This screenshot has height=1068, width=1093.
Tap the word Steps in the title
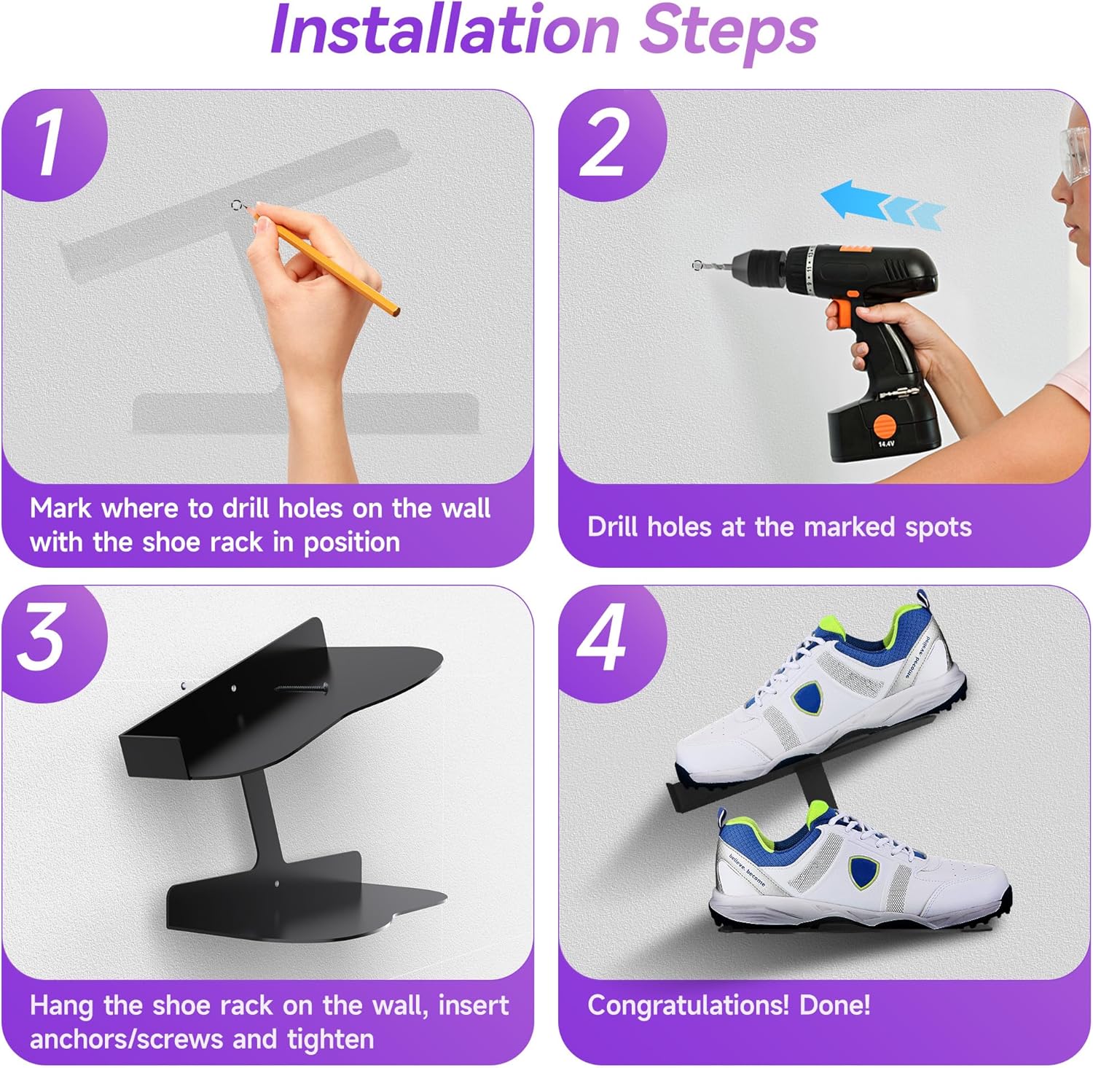click(x=729, y=33)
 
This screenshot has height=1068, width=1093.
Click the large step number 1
click(x=49, y=144)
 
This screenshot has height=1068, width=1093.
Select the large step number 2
click(x=603, y=144)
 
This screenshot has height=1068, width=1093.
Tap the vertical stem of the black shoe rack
click(x=265, y=816)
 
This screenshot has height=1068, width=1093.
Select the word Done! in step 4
click(x=835, y=1005)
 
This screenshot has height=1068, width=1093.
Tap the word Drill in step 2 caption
click(x=613, y=526)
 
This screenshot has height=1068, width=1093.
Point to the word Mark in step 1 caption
click(x=60, y=508)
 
